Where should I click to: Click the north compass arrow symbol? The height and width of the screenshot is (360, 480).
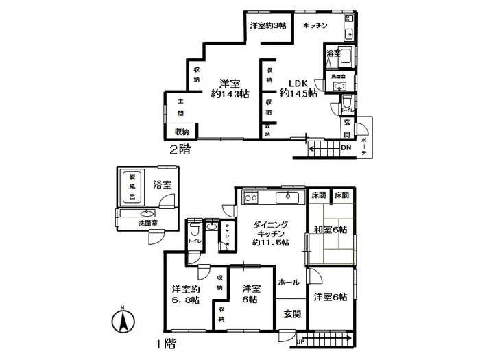(x=121, y=320)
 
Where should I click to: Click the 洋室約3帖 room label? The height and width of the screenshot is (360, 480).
(x=268, y=25)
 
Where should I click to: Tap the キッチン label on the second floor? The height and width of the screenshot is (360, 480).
(x=315, y=25)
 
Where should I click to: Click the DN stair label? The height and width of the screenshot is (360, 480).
(x=346, y=147)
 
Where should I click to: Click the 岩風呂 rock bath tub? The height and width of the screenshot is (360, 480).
(x=132, y=187)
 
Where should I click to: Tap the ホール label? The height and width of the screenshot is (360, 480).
(x=288, y=282)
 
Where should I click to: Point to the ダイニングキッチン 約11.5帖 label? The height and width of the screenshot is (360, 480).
(x=270, y=234)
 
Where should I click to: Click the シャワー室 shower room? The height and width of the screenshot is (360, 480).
(x=224, y=241)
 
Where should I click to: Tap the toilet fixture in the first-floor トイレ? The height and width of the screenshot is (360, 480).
(x=195, y=227)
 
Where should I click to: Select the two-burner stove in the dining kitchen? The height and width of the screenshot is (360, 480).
(x=250, y=198)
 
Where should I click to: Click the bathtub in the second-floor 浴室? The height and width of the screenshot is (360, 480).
(x=344, y=56)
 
